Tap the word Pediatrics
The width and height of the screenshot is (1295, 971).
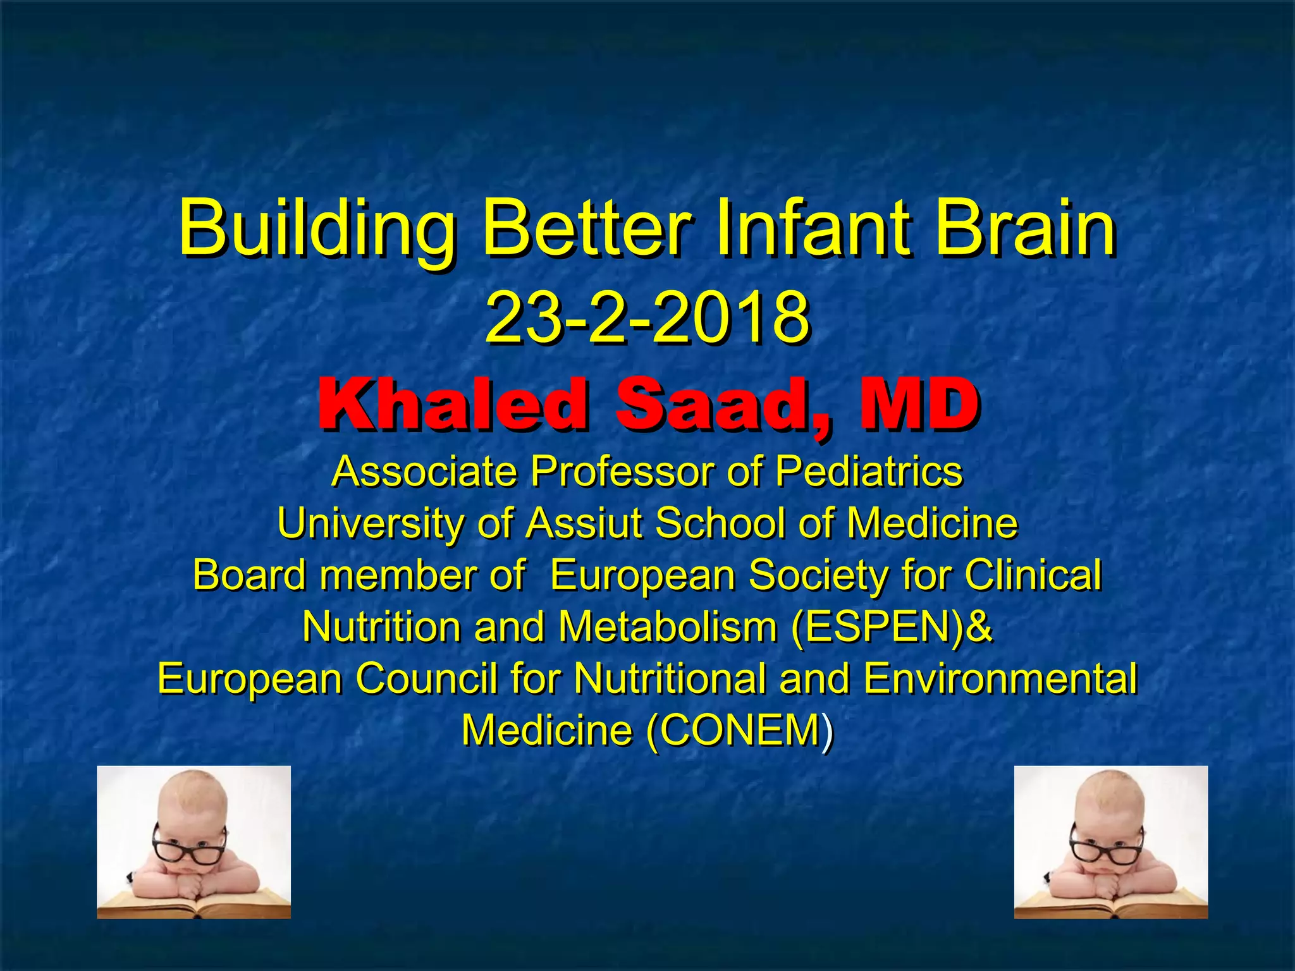tap(869, 472)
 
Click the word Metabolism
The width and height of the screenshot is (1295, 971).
tap(667, 627)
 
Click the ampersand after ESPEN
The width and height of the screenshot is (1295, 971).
tap(979, 627)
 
